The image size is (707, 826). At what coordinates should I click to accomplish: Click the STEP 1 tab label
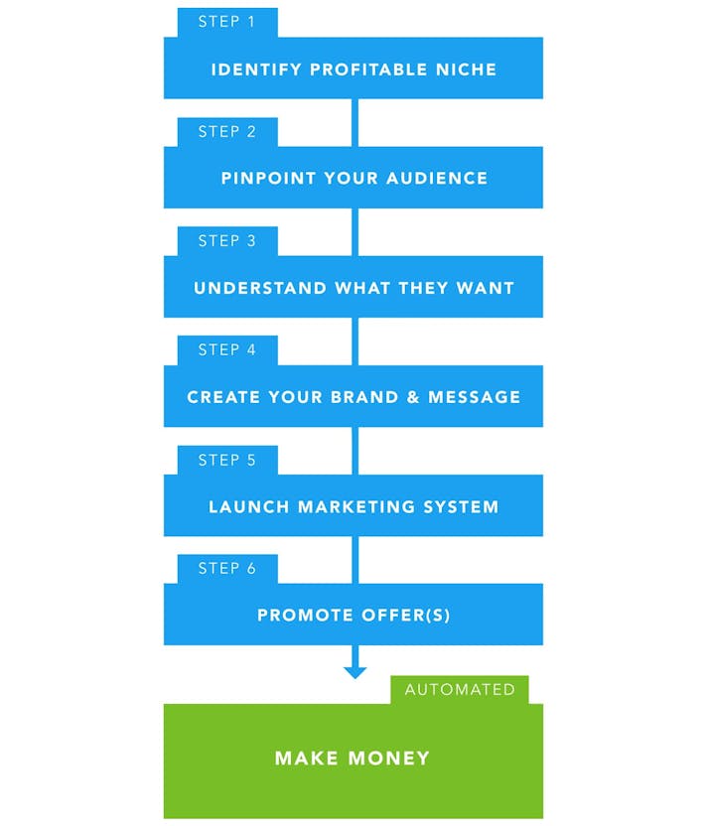[x=226, y=22]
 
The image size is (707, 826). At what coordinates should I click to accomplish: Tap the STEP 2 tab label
[x=226, y=131]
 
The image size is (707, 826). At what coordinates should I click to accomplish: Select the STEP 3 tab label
[x=226, y=240]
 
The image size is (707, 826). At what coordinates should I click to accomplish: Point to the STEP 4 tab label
[x=226, y=349]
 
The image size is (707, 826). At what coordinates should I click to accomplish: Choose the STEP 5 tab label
[x=226, y=460]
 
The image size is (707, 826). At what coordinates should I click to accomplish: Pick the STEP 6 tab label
[x=226, y=568]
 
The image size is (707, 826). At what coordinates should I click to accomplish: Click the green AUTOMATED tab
[x=460, y=689]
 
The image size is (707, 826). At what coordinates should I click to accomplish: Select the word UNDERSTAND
[x=260, y=288]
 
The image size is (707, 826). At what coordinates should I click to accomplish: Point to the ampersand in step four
[x=413, y=397]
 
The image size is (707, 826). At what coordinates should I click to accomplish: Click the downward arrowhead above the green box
[x=354, y=672]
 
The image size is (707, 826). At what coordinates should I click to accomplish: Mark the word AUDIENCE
[x=438, y=179]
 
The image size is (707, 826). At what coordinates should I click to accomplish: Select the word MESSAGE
[x=474, y=397]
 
